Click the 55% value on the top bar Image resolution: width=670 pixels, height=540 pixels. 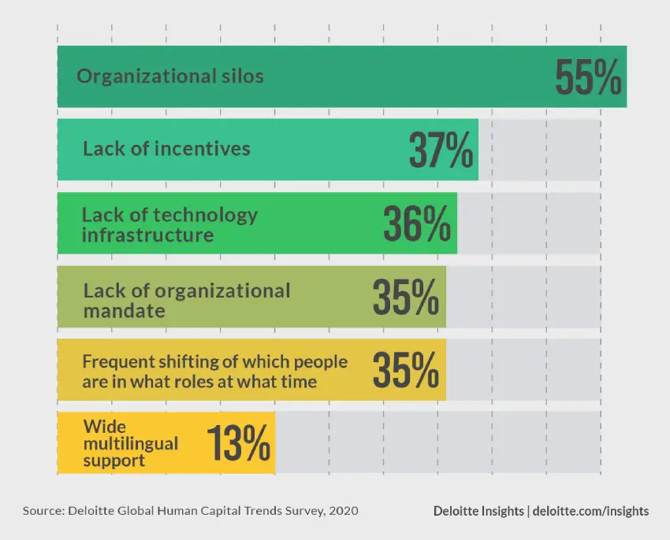(588, 77)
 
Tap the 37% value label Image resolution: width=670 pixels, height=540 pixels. (441, 150)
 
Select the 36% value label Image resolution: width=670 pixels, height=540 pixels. (417, 224)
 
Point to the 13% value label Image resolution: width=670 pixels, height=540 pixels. (239, 443)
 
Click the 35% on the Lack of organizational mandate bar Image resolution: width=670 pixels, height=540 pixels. (406, 297)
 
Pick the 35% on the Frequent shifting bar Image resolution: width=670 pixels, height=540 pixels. (406, 370)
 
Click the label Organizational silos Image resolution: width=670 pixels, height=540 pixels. (169, 76)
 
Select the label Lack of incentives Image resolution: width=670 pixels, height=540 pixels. (166, 149)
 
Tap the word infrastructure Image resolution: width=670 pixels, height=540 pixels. (148, 235)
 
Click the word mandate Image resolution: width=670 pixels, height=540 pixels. (124, 310)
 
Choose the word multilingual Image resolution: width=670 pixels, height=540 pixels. (131, 444)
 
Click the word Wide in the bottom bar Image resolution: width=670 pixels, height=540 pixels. (101, 427)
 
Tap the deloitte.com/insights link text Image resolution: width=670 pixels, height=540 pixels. (591, 511)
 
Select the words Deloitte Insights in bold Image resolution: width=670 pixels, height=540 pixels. (478, 511)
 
